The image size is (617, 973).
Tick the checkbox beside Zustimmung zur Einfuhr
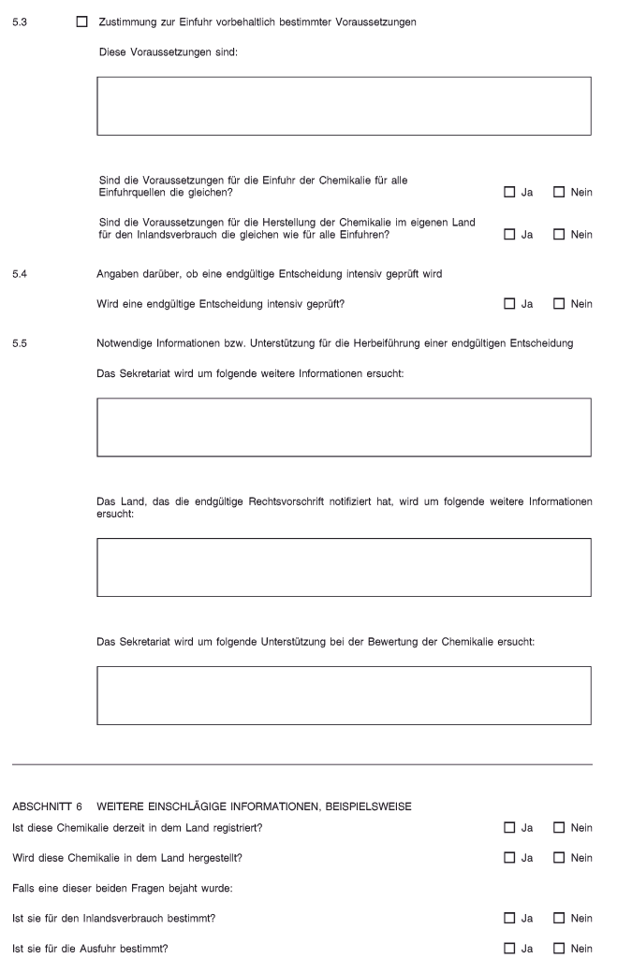click(81, 21)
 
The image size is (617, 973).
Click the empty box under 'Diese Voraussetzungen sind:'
click(344, 107)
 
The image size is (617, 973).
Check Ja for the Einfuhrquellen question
click(509, 193)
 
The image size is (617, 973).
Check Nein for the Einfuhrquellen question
click(559, 193)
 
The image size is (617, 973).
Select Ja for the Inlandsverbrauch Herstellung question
click(509, 234)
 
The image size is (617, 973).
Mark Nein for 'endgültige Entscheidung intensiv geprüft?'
click(559, 304)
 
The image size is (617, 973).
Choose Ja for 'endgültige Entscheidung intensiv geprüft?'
click(509, 304)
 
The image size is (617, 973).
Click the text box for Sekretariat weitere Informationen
click(344, 427)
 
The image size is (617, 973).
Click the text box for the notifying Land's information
click(344, 567)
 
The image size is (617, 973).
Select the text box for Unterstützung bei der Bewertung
click(344, 695)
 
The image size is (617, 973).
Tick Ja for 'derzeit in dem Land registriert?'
click(509, 827)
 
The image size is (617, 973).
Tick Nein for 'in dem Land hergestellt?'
click(559, 858)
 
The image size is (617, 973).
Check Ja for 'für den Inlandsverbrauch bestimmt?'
click(509, 919)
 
